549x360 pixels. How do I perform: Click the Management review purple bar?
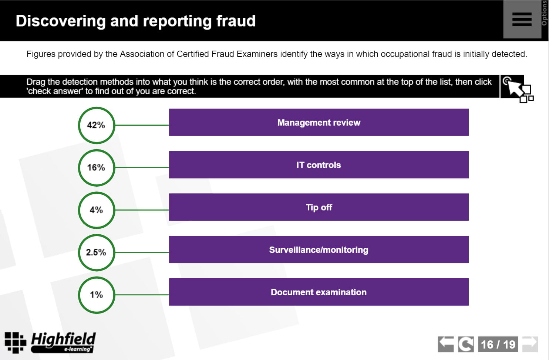319,122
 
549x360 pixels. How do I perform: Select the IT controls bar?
319,165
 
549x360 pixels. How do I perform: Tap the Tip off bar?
319,207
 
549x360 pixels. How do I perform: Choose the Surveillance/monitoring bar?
319,250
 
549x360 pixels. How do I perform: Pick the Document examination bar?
319,292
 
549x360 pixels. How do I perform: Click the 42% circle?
97,125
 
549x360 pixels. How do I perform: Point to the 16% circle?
97,168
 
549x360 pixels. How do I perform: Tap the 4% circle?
97,210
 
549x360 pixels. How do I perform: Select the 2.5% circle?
97,252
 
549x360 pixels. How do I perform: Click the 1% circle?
97,295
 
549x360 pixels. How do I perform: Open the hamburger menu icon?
522,19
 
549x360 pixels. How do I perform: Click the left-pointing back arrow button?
446,344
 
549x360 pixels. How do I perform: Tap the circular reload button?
465,344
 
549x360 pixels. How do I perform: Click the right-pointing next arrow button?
530,344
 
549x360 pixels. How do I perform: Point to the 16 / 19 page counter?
498,344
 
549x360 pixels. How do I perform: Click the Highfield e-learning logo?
50,342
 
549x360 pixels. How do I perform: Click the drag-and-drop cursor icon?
517,88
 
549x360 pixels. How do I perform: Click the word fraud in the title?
236,21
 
